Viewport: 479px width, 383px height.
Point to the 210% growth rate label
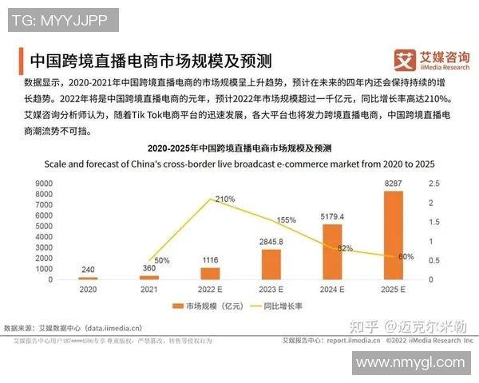pos(224,199)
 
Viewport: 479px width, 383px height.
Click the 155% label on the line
pos(286,219)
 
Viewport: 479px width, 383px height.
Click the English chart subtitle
pos(239,164)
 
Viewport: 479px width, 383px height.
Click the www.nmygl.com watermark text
pos(410,363)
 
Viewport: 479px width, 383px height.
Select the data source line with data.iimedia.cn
pos(73,327)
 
